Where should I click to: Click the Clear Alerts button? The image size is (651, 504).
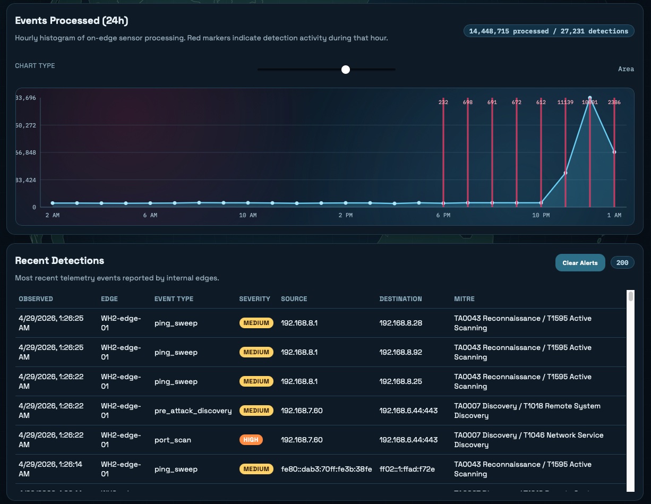[580, 263]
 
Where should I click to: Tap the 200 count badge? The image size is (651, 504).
[622, 263]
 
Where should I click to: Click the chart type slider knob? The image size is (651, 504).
[346, 70]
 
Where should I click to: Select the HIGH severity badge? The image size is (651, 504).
[251, 440]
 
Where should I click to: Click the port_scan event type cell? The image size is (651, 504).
[173, 440]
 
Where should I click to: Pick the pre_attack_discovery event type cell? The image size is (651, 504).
[193, 411]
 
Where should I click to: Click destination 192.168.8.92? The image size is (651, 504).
[401, 352]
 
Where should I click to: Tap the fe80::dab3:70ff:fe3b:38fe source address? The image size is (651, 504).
[326, 469]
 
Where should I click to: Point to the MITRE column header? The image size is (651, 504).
[464, 299]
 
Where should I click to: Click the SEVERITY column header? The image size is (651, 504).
[254, 299]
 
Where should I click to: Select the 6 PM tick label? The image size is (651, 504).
[443, 215]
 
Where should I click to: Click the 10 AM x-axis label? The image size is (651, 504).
[247, 215]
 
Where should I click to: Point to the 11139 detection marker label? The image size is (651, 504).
[565, 102]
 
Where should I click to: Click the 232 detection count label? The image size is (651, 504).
[443, 102]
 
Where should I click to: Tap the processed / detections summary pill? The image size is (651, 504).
[549, 31]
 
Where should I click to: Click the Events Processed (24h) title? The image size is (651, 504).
[71, 21]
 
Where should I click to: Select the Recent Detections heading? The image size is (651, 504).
[59, 261]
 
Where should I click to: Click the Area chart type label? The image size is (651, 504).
[626, 69]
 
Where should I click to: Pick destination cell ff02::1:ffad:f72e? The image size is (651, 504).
[407, 469]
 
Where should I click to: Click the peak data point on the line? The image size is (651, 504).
[590, 98]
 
